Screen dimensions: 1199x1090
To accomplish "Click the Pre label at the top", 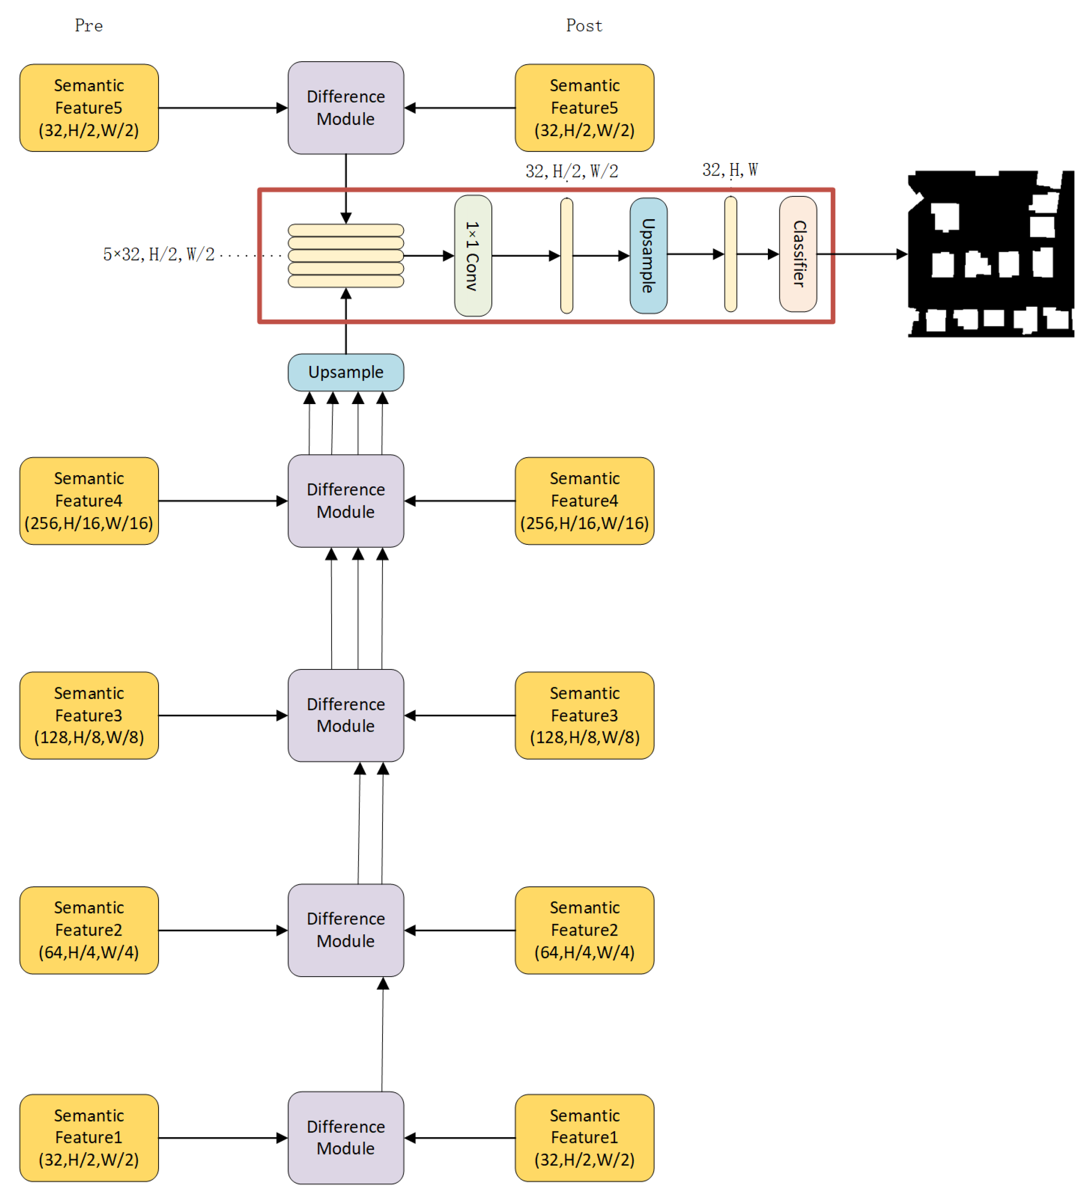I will [89, 26].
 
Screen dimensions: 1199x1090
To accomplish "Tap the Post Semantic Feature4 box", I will [584, 501].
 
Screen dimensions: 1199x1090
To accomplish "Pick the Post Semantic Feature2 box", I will [584, 930].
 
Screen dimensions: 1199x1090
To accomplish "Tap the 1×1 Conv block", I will [473, 256].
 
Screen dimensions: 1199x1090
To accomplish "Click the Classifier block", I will [798, 254].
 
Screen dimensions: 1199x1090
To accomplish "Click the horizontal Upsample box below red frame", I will [346, 372].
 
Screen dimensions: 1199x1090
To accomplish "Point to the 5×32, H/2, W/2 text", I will [159, 254].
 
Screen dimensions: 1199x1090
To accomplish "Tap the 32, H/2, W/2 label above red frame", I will [571, 171].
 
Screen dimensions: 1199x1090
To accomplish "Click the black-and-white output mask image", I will [991, 254].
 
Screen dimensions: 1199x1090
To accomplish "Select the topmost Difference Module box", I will [346, 108].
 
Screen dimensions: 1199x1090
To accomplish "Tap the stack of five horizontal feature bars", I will [346, 256].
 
